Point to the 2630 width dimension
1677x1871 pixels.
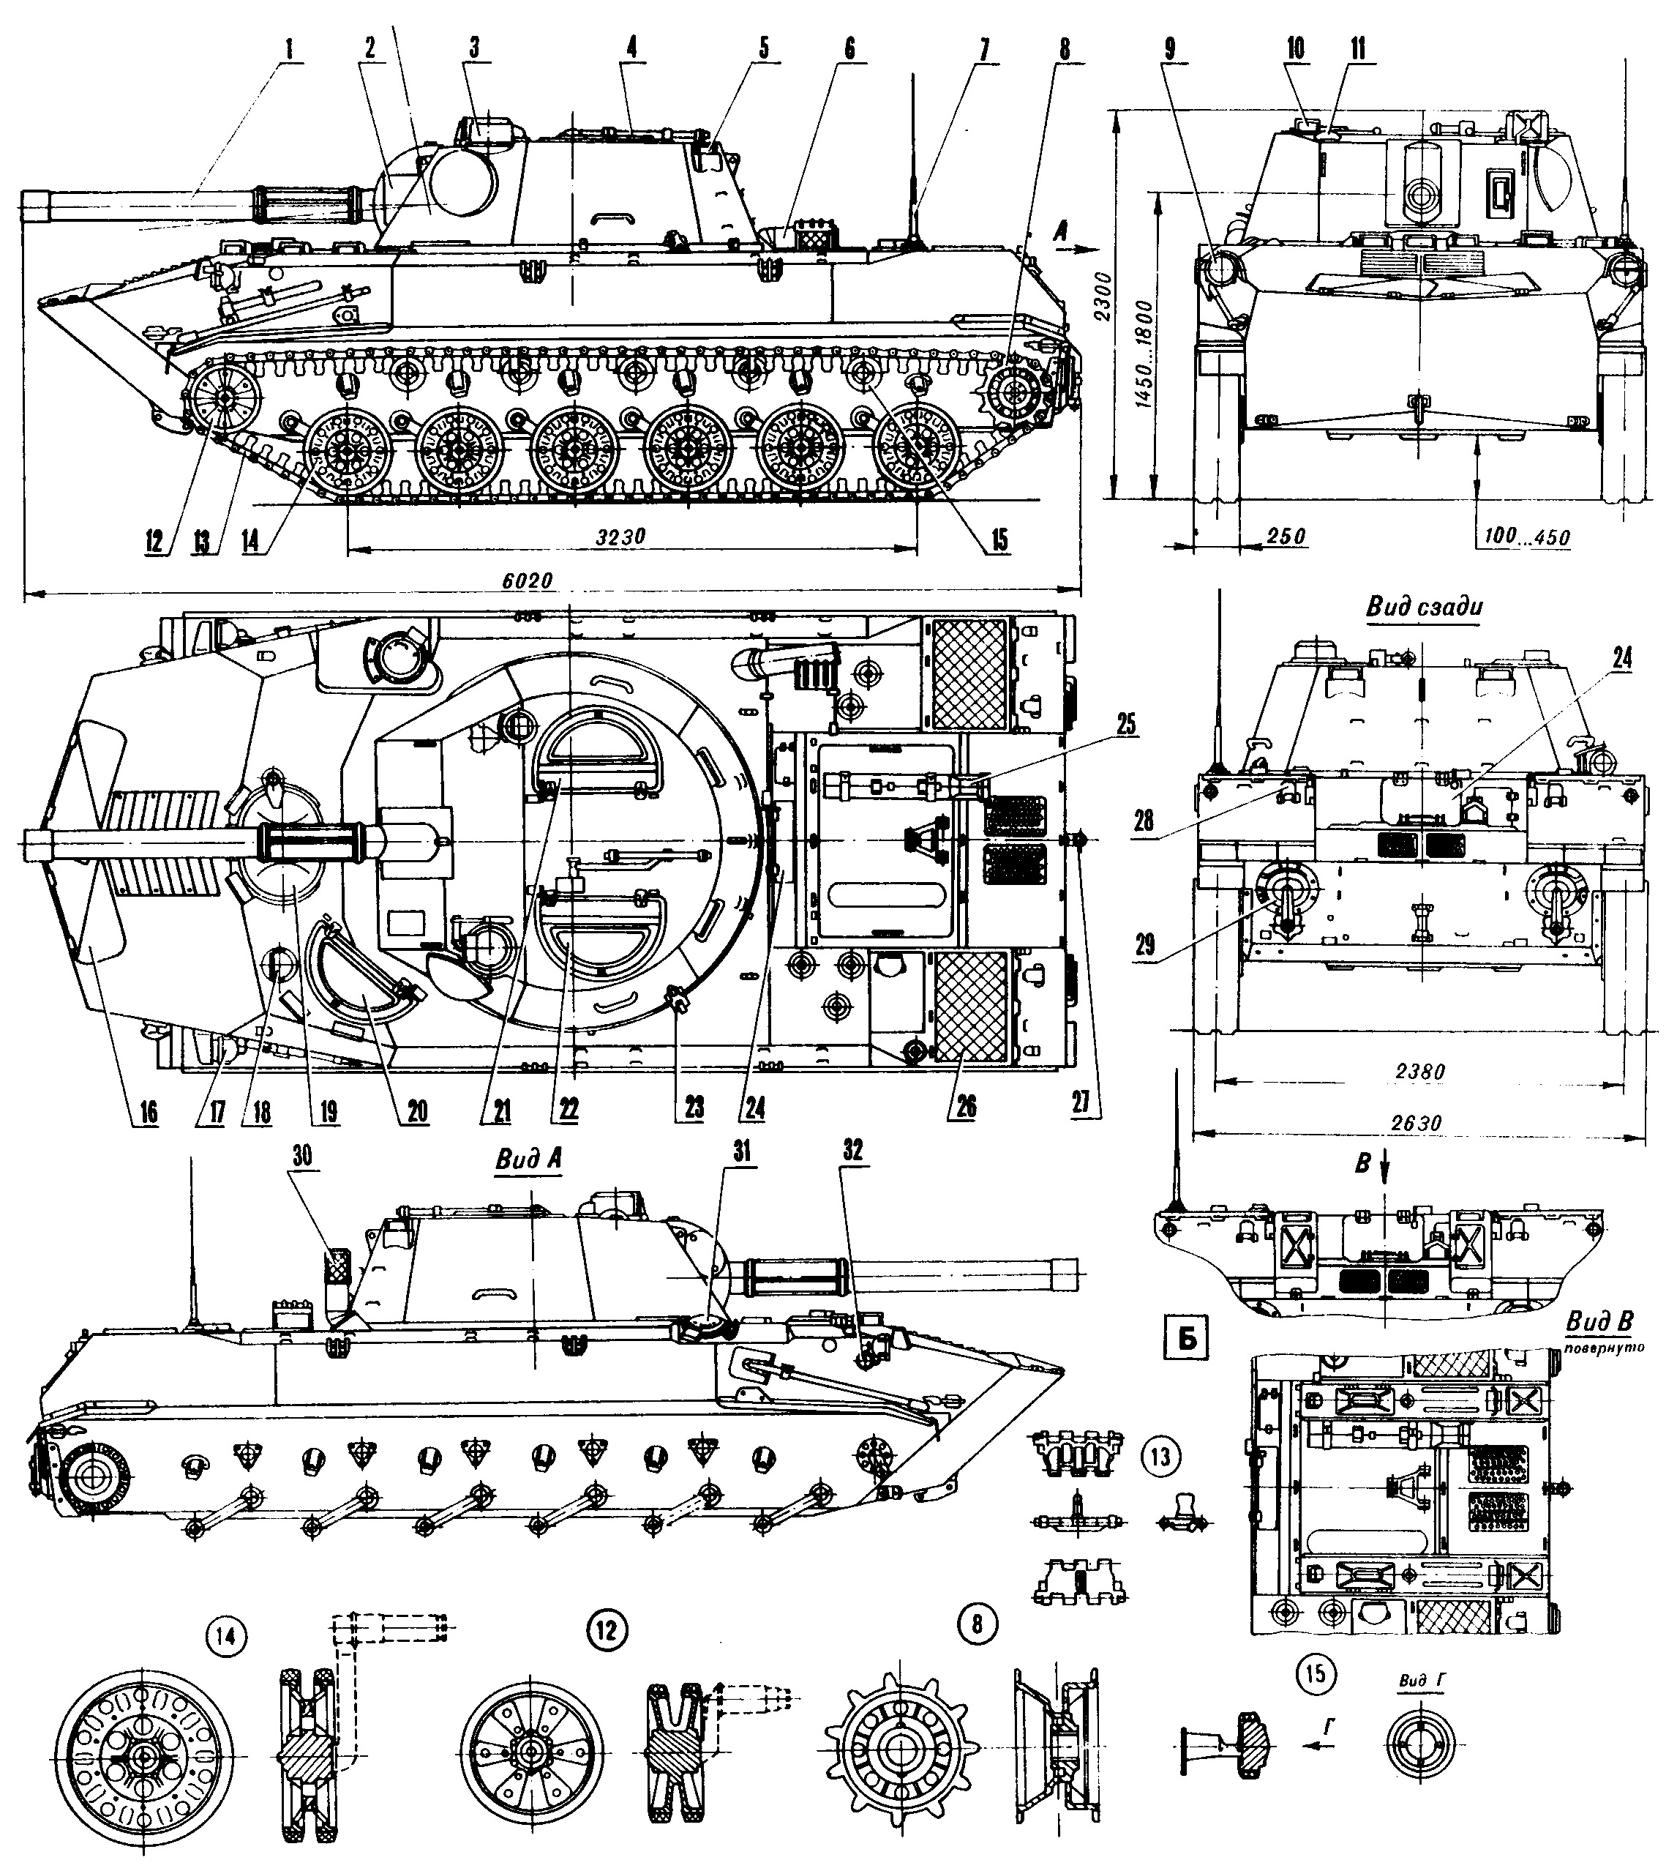[1417, 1123]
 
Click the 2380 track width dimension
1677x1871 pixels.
[1419, 1072]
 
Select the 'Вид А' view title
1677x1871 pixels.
[528, 1160]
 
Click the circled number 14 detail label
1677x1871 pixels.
[228, 1635]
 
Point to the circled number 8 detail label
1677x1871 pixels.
[978, 1624]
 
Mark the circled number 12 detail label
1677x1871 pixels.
[605, 1629]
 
